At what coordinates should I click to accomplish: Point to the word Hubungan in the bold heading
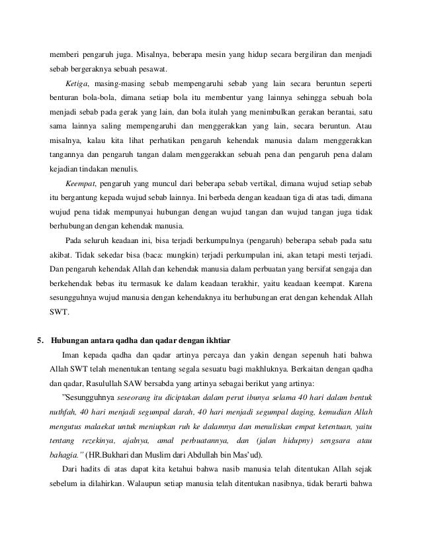click(72, 323)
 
